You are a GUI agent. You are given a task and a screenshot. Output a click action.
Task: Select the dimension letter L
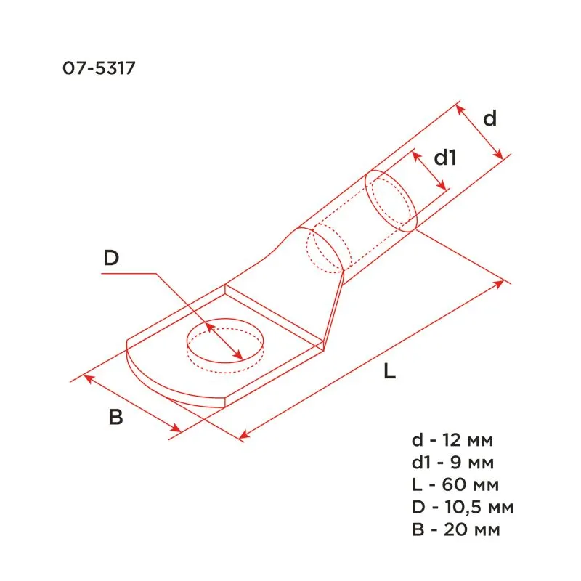pyautogui.click(x=390, y=373)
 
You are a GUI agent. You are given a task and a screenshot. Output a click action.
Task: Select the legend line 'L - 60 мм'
pyautogui.click(x=455, y=484)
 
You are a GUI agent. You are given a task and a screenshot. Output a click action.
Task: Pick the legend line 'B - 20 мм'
pyautogui.click(x=456, y=529)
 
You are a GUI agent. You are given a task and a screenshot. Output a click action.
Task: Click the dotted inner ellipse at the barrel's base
pyautogui.click(x=325, y=249)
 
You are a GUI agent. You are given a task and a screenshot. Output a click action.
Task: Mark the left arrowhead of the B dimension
pyautogui.click(x=88, y=377)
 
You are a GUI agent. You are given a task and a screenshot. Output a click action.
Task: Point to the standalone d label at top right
pyautogui.click(x=491, y=118)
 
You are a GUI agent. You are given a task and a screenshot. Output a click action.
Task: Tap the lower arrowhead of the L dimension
pyautogui.click(x=243, y=435)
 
